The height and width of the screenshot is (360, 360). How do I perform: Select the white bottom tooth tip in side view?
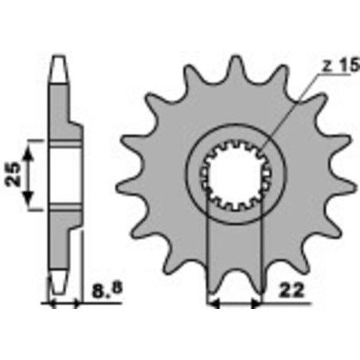[57, 280]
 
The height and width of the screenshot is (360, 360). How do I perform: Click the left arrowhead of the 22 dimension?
[212, 303]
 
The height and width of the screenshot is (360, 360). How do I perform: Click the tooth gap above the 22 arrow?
[237, 263]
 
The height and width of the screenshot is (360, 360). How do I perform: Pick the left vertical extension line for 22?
[208, 255]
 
